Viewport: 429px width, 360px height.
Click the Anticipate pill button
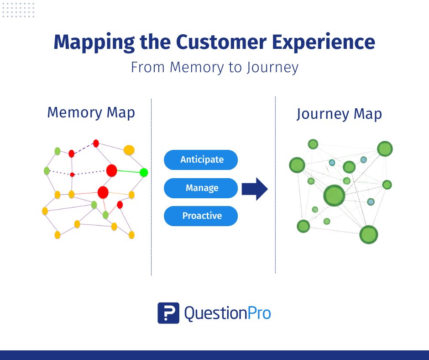tap(201, 160)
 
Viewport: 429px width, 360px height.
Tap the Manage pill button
tap(201, 188)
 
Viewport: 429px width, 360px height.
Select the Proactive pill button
tap(201, 216)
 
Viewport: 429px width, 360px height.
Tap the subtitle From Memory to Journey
tap(214, 68)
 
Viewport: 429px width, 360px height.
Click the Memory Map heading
tap(91, 112)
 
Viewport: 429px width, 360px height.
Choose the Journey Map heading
tap(339, 114)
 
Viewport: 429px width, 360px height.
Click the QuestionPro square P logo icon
tap(168, 313)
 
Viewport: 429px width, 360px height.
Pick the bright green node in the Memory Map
tap(144, 172)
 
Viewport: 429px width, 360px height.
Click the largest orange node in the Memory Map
tap(129, 150)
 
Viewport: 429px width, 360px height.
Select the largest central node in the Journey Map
tap(335, 196)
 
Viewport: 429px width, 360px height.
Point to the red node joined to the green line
tap(111, 170)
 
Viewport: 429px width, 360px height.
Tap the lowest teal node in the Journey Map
tap(371, 201)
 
